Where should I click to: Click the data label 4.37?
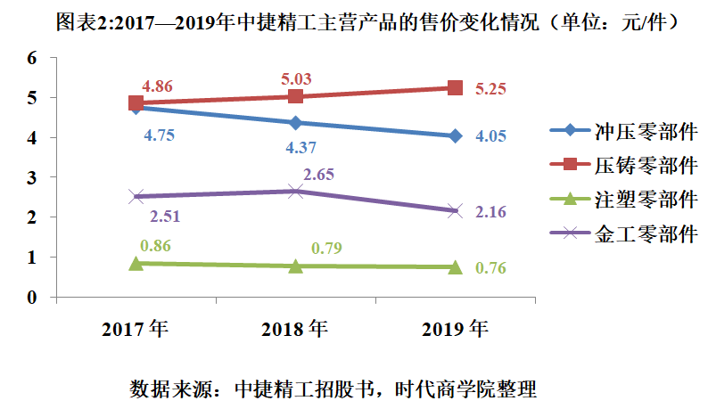300,148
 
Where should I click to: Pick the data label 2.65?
317,174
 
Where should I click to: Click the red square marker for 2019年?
455,87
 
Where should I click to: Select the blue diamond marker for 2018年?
295,123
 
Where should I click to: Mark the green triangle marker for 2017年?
136,263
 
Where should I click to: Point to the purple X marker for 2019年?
455,211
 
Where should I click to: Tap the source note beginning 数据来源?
333,389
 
